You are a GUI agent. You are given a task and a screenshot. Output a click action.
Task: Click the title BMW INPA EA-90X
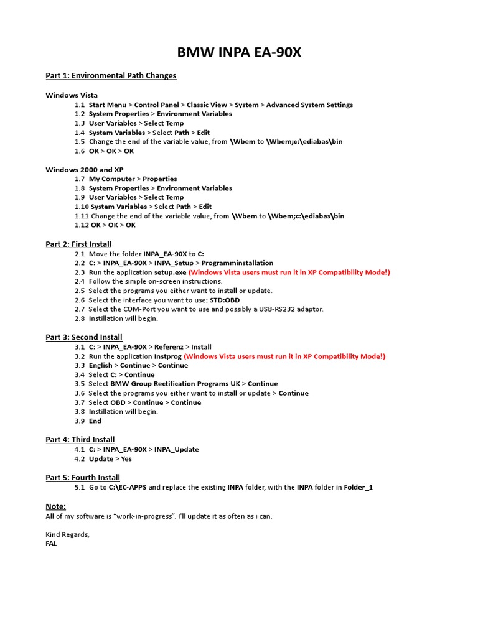pos(239,52)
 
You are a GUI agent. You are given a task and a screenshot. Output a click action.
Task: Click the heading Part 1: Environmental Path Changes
pos(111,76)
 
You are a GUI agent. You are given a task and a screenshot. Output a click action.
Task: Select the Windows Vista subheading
pos(72,95)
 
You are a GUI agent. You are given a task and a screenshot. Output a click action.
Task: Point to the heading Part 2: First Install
pos(78,244)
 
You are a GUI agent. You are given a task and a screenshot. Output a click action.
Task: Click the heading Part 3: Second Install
pos(84,337)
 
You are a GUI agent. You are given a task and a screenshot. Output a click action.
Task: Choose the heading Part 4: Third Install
pos(80,440)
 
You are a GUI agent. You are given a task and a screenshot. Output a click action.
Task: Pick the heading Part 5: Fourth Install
pos(83,478)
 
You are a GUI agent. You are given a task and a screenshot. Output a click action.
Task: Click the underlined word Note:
pos(55,506)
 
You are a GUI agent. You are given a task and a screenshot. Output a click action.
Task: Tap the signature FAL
pos(52,544)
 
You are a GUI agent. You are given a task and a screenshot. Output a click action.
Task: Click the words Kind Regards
pos(67,534)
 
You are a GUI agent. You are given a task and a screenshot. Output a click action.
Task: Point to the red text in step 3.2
pos(284,356)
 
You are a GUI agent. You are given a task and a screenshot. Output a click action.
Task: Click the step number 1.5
pos(80,142)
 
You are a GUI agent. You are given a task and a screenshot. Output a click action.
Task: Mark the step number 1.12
pos(82,225)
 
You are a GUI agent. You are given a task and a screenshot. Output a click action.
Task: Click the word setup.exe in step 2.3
pos(170,272)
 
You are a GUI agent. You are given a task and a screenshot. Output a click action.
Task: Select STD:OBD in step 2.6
pos(225,300)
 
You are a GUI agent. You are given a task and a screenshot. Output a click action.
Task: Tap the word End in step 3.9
pos(95,421)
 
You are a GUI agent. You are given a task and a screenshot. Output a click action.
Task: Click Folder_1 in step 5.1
pos(358,487)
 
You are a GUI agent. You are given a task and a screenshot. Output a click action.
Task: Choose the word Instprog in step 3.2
pos(167,356)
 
